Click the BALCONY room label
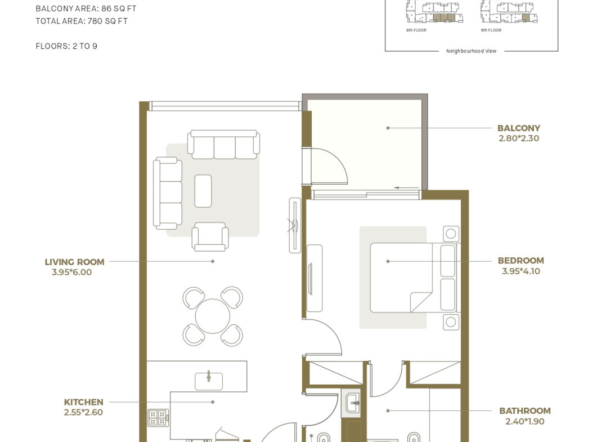click(519, 128)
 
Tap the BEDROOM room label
click(521, 261)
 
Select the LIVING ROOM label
click(75, 262)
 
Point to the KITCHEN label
click(83, 402)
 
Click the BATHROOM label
click(525, 411)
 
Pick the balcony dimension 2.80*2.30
click(519, 139)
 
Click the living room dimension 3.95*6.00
click(71, 272)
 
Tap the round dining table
click(213, 316)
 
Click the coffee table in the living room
click(203, 191)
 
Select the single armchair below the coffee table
click(210, 236)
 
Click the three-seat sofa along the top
click(224, 144)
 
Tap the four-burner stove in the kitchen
click(158, 417)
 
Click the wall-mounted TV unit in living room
click(295, 225)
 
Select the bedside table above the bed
click(451, 234)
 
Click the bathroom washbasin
click(353, 402)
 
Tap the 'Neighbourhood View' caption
click(472, 51)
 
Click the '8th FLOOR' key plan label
click(416, 30)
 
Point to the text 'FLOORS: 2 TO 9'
click(66, 46)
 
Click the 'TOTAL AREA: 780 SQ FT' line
click(82, 21)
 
